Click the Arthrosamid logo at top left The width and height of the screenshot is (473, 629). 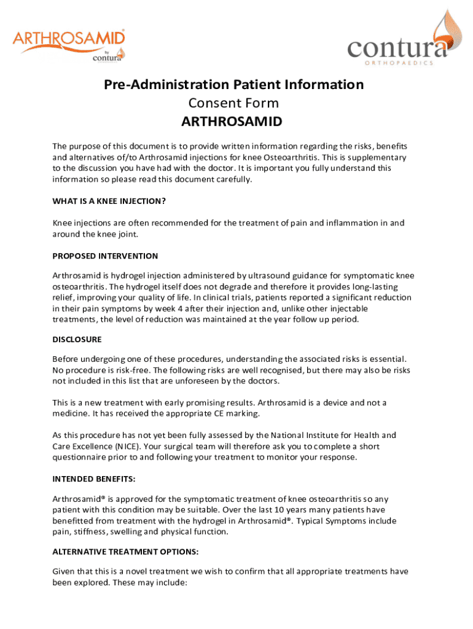pyautogui.click(x=69, y=45)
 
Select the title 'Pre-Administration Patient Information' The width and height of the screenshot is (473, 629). pyautogui.click(x=233, y=84)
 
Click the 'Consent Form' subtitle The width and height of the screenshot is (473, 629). pyautogui.click(x=233, y=103)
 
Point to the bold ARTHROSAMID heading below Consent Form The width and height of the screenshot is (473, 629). pyautogui.click(x=232, y=122)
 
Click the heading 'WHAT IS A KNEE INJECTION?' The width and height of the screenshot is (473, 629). pyautogui.click(x=109, y=201)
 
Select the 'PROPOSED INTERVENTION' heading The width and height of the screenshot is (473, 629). pyautogui.click(x=105, y=256)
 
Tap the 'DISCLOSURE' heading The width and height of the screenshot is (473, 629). pyautogui.click(x=77, y=339)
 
